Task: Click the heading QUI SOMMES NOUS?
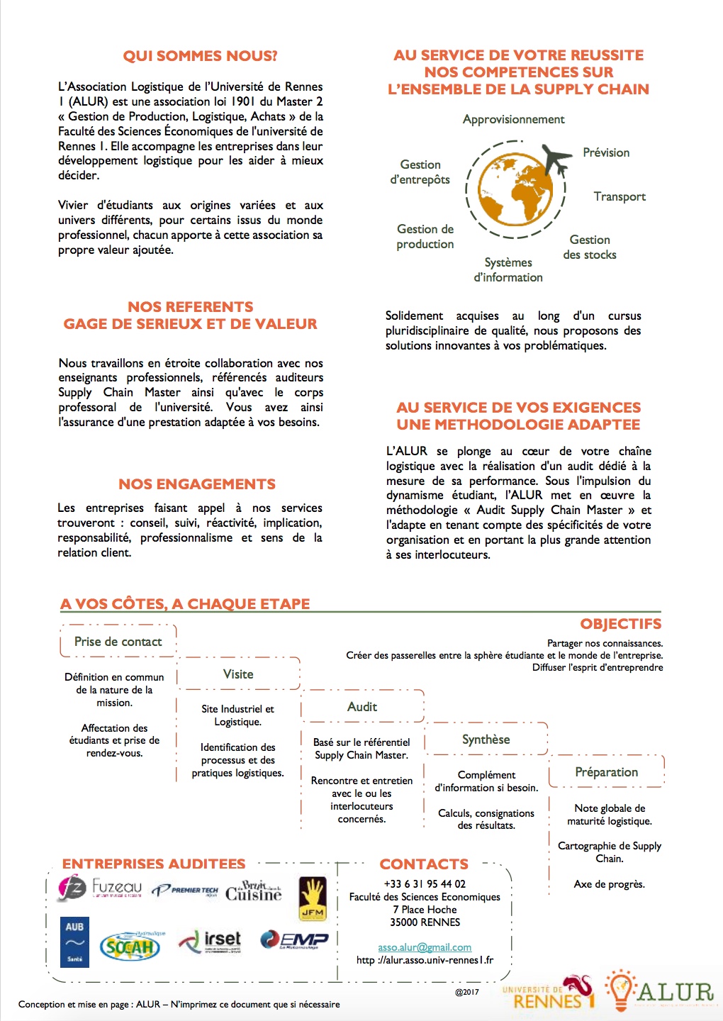[x=200, y=56]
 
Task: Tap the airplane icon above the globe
[x=557, y=159]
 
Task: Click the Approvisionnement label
[x=513, y=119]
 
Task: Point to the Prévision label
[x=606, y=152]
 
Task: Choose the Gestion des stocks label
[x=590, y=247]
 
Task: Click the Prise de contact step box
[x=118, y=642]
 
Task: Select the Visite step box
[x=238, y=674]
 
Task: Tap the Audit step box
[x=362, y=707]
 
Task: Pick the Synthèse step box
[x=486, y=740]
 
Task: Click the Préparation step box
[x=607, y=772]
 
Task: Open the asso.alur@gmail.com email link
[x=425, y=947]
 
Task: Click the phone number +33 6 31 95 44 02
[x=425, y=884]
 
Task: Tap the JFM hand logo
[x=312, y=898]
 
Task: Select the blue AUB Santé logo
[x=74, y=941]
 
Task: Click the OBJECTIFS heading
[x=620, y=624]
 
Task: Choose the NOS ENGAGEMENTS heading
[x=197, y=484]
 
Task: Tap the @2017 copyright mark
[x=467, y=992]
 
